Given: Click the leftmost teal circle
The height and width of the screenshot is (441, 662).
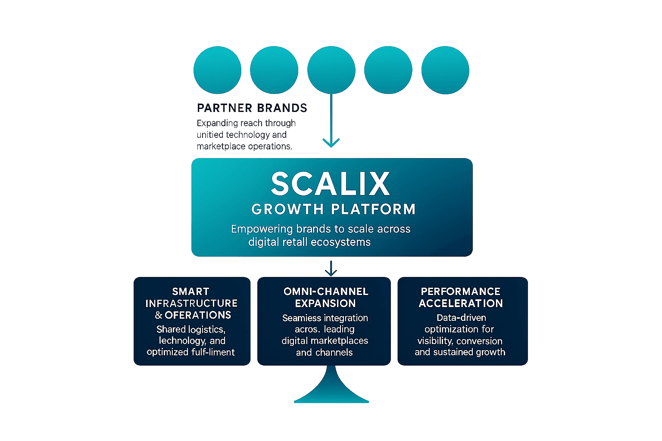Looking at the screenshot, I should (217, 70).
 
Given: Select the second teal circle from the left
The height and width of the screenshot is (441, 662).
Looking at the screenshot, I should (274, 70).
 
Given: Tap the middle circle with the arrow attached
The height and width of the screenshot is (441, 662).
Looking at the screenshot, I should (331, 70).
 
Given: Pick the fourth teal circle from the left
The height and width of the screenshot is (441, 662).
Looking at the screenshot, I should (388, 70).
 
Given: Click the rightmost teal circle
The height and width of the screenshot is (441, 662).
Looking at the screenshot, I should (445, 70).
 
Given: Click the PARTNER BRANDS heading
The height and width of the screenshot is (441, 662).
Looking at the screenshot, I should (252, 108).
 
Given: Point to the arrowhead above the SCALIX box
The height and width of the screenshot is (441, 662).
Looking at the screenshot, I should (331, 143).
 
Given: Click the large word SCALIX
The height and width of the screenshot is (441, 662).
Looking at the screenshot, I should (331, 184).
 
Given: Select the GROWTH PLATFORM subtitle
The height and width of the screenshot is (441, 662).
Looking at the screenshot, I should (333, 209).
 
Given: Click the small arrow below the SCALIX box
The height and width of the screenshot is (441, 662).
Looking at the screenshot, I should (331, 269).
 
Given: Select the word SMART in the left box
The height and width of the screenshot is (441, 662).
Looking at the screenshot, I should (190, 292).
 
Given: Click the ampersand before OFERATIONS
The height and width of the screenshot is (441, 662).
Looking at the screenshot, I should (158, 315).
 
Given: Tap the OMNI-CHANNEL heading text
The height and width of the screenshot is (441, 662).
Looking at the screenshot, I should (326, 292).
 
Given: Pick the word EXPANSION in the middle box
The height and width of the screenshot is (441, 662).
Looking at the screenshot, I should (325, 303).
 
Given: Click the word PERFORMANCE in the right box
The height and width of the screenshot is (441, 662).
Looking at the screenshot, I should (460, 292).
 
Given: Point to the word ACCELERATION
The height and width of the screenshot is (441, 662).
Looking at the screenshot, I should (460, 303).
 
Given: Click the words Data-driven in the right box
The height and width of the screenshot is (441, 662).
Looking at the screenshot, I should (461, 318).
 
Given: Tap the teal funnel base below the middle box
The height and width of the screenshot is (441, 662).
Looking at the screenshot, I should (331, 390).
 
